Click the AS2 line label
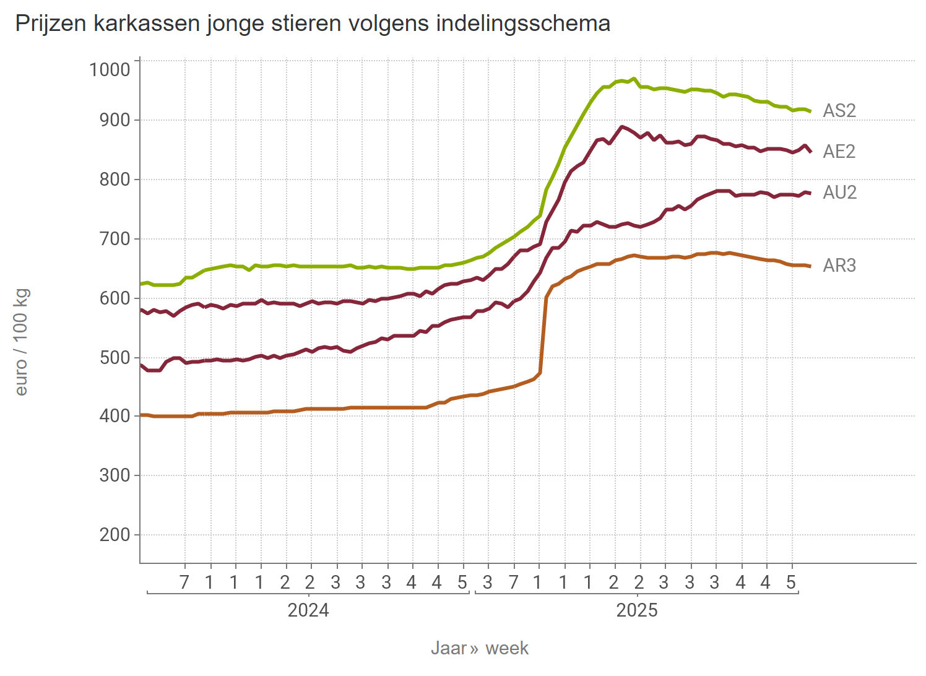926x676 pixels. pyautogui.click(x=839, y=111)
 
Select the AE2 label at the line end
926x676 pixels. pyautogui.click(x=839, y=152)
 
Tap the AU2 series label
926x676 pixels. pyautogui.click(x=839, y=193)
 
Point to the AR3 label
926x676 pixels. pyautogui.click(x=839, y=266)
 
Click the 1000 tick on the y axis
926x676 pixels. pyautogui.click(x=110, y=69)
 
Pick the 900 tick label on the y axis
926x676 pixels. pyautogui.click(x=115, y=120)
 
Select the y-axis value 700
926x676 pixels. pyautogui.click(x=115, y=239)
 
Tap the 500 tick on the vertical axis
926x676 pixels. pyautogui.click(x=115, y=358)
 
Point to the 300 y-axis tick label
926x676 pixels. pyautogui.click(x=115, y=475)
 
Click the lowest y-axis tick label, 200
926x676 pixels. pyautogui.click(x=115, y=535)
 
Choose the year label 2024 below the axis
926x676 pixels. pyautogui.click(x=308, y=611)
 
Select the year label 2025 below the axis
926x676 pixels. pyautogui.click(x=637, y=611)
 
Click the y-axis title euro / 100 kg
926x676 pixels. pyautogui.click(x=22, y=342)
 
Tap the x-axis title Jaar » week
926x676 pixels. pyautogui.click(x=480, y=648)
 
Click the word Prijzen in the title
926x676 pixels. pyautogui.click(x=51, y=24)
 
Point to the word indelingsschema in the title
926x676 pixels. pyautogui.click(x=523, y=24)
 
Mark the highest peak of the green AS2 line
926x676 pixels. pyautogui.click(x=633, y=79)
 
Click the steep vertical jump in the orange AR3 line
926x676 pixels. pyautogui.click(x=543, y=334)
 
